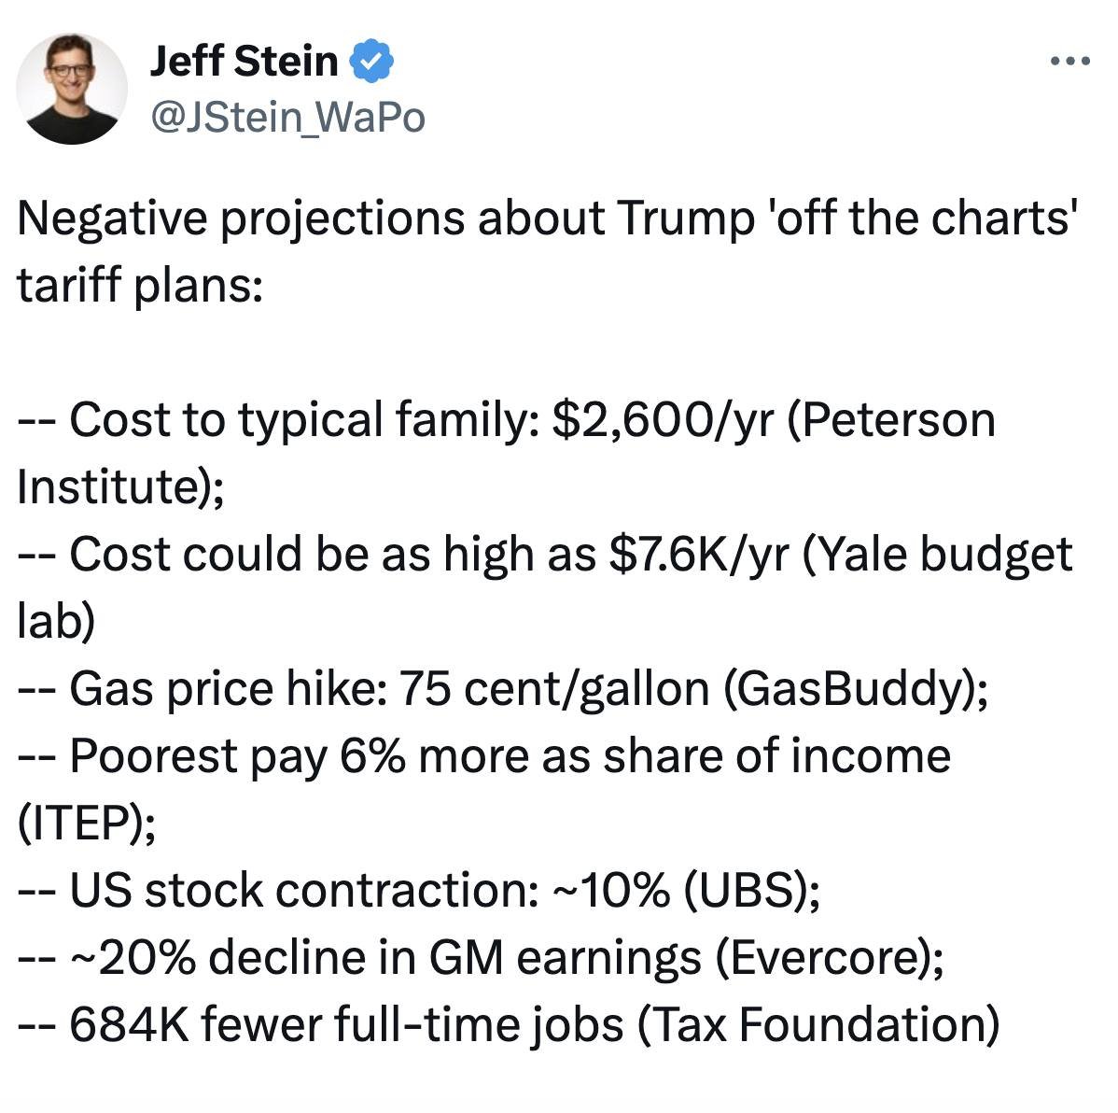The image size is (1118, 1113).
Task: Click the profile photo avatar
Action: coord(72,89)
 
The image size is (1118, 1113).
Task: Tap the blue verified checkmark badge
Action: coord(371,62)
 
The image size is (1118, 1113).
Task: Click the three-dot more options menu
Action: coord(1069,62)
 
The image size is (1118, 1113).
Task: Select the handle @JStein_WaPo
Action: coord(287,118)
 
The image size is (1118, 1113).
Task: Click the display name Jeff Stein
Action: coord(244,62)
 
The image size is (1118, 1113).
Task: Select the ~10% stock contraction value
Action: coord(611,890)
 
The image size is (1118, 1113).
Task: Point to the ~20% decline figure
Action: coord(133,957)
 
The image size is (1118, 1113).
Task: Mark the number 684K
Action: coord(128,1024)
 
